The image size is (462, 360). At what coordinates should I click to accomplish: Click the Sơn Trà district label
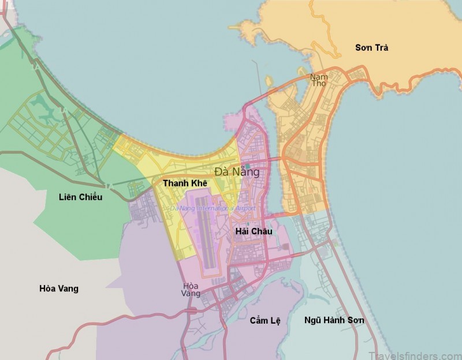tap(371, 48)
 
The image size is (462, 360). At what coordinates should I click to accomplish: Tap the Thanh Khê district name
tap(184, 183)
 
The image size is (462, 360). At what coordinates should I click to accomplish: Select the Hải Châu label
tap(254, 231)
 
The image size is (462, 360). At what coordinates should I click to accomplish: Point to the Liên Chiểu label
tap(80, 197)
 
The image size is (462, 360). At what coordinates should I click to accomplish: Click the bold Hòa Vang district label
tap(58, 288)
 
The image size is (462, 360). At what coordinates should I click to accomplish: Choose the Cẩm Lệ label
tap(264, 320)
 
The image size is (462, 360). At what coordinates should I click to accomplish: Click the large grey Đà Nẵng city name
tap(237, 171)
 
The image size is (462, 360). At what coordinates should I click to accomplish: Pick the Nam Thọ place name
tap(318, 80)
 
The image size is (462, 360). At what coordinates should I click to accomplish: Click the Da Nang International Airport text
tap(213, 208)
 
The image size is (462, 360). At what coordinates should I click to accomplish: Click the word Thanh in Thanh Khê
tap(174, 183)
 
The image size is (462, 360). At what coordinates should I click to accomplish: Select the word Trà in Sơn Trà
tap(380, 48)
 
